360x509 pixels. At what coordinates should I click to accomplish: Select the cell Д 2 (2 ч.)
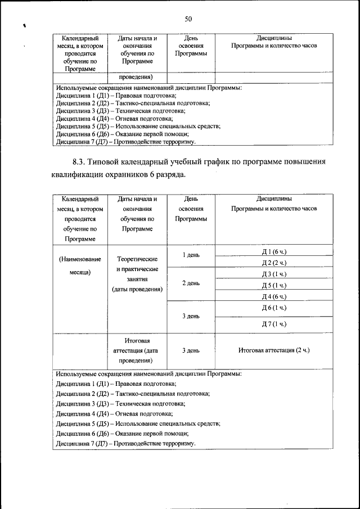(274, 262)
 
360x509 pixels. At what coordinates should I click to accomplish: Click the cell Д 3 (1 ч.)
(274, 273)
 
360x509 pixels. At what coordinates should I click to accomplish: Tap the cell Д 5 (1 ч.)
(274, 285)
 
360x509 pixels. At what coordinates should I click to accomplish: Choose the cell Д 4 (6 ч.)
(274, 296)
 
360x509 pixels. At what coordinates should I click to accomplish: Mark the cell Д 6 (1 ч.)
(274, 308)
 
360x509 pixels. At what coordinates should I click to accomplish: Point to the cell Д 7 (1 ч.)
(274, 323)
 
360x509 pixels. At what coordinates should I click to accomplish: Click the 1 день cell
(191, 256)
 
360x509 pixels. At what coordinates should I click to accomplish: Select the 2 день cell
(191, 283)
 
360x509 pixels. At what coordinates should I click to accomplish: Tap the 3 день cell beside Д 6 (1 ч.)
(191, 316)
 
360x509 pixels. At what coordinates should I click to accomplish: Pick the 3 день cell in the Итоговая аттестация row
(191, 350)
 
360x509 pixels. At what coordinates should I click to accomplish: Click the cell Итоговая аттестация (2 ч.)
(274, 350)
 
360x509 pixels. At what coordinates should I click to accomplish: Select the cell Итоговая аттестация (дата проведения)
(137, 350)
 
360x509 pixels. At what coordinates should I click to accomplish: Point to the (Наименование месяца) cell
(80, 265)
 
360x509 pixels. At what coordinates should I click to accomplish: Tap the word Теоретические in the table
(137, 260)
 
